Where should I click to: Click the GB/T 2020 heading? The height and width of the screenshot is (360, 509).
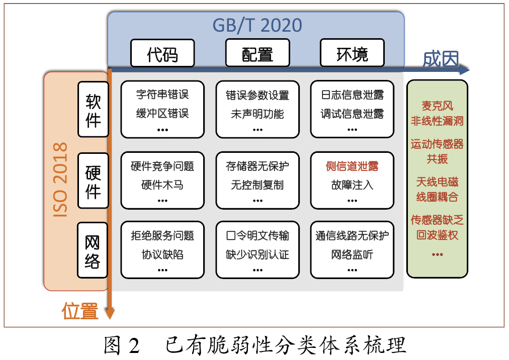point(257,25)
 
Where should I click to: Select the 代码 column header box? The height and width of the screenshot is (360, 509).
point(162,54)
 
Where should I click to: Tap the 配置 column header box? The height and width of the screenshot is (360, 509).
point(257,54)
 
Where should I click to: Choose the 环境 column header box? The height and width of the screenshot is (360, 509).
point(352,54)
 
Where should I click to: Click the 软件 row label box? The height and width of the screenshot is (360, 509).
point(93,110)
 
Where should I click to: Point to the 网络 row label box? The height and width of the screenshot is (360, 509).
point(93,250)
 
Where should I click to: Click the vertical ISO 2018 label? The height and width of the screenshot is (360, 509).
point(60,180)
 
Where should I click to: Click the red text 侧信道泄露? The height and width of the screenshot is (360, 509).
point(352,166)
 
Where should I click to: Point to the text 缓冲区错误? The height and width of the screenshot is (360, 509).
point(162,114)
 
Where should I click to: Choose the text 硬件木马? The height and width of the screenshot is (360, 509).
point(162,185)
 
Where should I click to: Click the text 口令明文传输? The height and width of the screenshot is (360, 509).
point(258,236)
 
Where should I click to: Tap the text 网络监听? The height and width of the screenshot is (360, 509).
point(352,255)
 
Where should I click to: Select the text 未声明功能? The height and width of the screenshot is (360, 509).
point(258,114)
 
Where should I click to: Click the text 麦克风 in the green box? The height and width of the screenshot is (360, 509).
point(437,106)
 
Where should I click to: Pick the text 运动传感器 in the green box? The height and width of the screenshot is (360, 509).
point(437,144)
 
